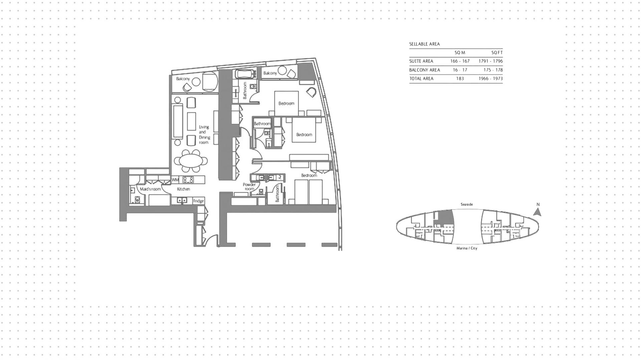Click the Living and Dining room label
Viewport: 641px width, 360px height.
pyautogui.click(x=204, y=135)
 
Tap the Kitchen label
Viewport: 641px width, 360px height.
pyautogui.click(x=183, y=189)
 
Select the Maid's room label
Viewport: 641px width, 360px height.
pyautogui.click(x=150, y=189)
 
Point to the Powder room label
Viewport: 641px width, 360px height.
pyautogui.click(x=249, y=187)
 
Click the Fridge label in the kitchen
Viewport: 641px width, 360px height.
pyautogui.click(x=198, y=201)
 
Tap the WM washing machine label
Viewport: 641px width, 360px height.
pyautogui.click(x=175, y=180)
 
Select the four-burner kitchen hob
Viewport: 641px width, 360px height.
pyautogui.click(x=188, y=180)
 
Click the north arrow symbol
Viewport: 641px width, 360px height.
pyautogui.click(x=537, y=212)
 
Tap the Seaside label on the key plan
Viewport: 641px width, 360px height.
pyautogui.click(x=467, y=204)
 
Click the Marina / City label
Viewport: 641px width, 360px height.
pyautogui.click(x=467, y=248)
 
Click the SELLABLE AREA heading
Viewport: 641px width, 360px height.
pyautogui.click(x=425, y=44)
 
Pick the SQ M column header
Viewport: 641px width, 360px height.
pyautogui.click(x=460, y=53)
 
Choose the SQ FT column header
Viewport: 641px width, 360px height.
pyautogui.click(x=497, y=53)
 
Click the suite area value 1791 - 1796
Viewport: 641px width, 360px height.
pyautogui.click(x=490, y=61)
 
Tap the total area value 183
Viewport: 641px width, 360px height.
pyautogui.click(x=460, y=79)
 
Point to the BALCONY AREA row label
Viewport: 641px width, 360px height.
pyautogui.click(x=425, y=70)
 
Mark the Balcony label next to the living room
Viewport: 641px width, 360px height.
pyautogui.click(x=183, y=79)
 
